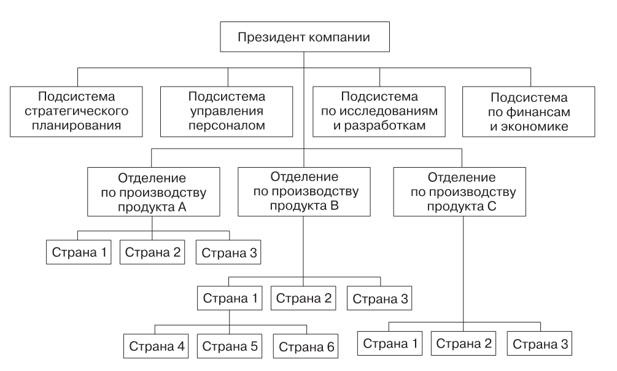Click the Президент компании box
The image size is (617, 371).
coord(305,37)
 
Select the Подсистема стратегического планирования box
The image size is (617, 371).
coord(76,111)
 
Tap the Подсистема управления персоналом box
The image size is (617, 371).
coord(227,111)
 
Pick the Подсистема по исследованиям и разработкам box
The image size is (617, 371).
coord(379,111)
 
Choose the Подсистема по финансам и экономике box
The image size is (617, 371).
coord(529,111)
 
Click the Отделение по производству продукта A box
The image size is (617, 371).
coord(153,192)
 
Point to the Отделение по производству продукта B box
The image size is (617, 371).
coord(304,192)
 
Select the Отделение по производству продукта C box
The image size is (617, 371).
coord(460,192)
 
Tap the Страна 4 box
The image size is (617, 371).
coord(156,346)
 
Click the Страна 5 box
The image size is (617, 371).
coord(230,346)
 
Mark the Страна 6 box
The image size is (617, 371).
coord(306,346)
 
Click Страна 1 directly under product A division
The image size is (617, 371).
coord(79,252)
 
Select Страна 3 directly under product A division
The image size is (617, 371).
coord(228,252)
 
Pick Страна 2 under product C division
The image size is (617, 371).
coord(464,343)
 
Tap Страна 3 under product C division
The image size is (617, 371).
coord(540,343)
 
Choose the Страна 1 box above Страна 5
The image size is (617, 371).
coord(230,298)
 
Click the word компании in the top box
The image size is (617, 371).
coord(339,37)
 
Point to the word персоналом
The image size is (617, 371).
coord(227,126)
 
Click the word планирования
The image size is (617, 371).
coord(76,126)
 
